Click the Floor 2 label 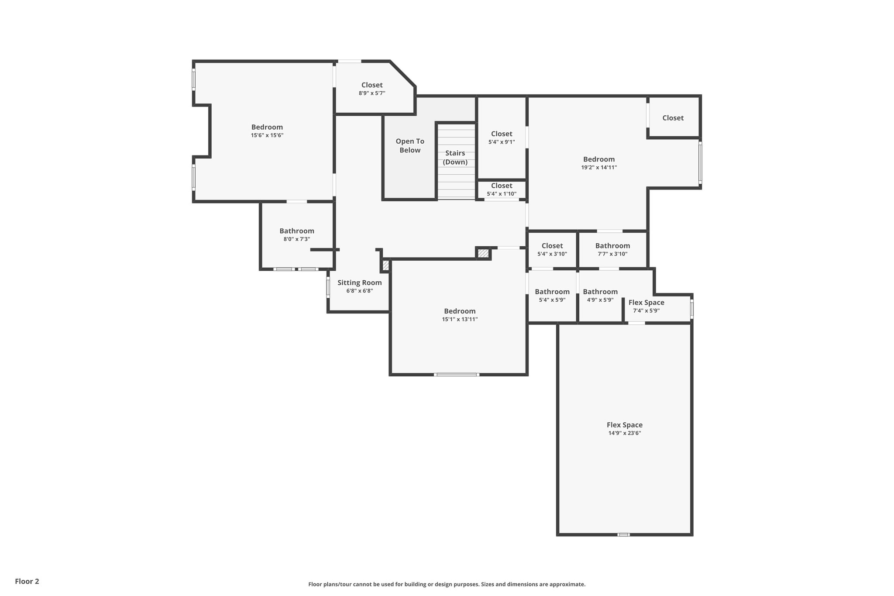click(x=27, y=581)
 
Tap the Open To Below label click(x=410, y=145)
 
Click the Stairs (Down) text click(x=455, y=158)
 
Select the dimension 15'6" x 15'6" click(x=267, y=135)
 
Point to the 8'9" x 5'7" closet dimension click(x=372, y=93)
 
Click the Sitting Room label click(x=359, y=282)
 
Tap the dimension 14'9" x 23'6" click(x=624, y=433)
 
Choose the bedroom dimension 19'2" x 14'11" click(x=598, y=167)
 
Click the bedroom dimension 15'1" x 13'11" click(x=460, y=319)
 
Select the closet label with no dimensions click(x=673, y=118)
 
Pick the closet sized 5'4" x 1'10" click(x=502, y=189)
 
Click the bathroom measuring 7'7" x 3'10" click(x=612, y=249)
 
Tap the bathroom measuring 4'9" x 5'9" click(x=600, y=296)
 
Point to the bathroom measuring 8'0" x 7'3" click(x=297, y=235)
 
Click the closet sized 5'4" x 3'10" click(x=552, y=249)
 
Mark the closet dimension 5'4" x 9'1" click(x=502, y=142)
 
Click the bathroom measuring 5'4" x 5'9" click(x=552, y=296)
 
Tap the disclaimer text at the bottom click(x=447, y=584)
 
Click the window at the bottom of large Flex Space click(x=623, y=534)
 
